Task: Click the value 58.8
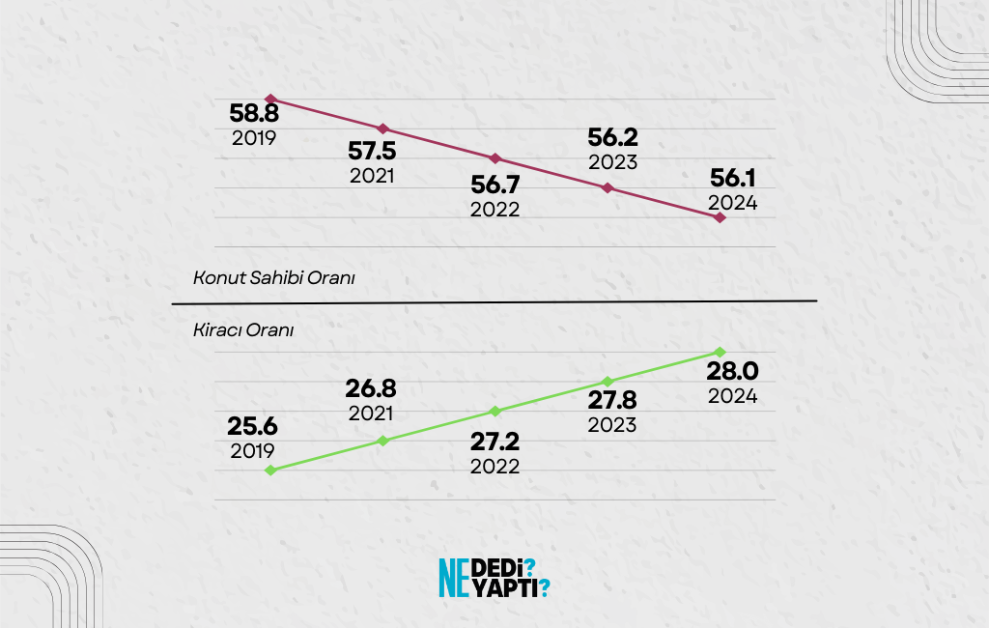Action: (254, 113)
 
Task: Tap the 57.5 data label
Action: (372, 153)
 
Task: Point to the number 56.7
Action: (494, 185)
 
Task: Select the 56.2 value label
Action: (613, 138)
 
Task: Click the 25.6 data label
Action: (252, 427)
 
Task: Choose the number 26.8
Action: (372, 389)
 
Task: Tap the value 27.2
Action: (494, 442)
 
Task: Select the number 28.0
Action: (732, 372)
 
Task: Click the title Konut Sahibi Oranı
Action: (275, 278)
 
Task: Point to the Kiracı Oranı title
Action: (243, 329)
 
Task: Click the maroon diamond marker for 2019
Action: (271, 99)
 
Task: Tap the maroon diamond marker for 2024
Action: (720, 217)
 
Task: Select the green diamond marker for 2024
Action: (720, 352)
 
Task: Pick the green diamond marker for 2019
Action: (271, 471)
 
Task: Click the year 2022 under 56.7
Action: (494, 210)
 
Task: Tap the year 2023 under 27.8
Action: (613, 425)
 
